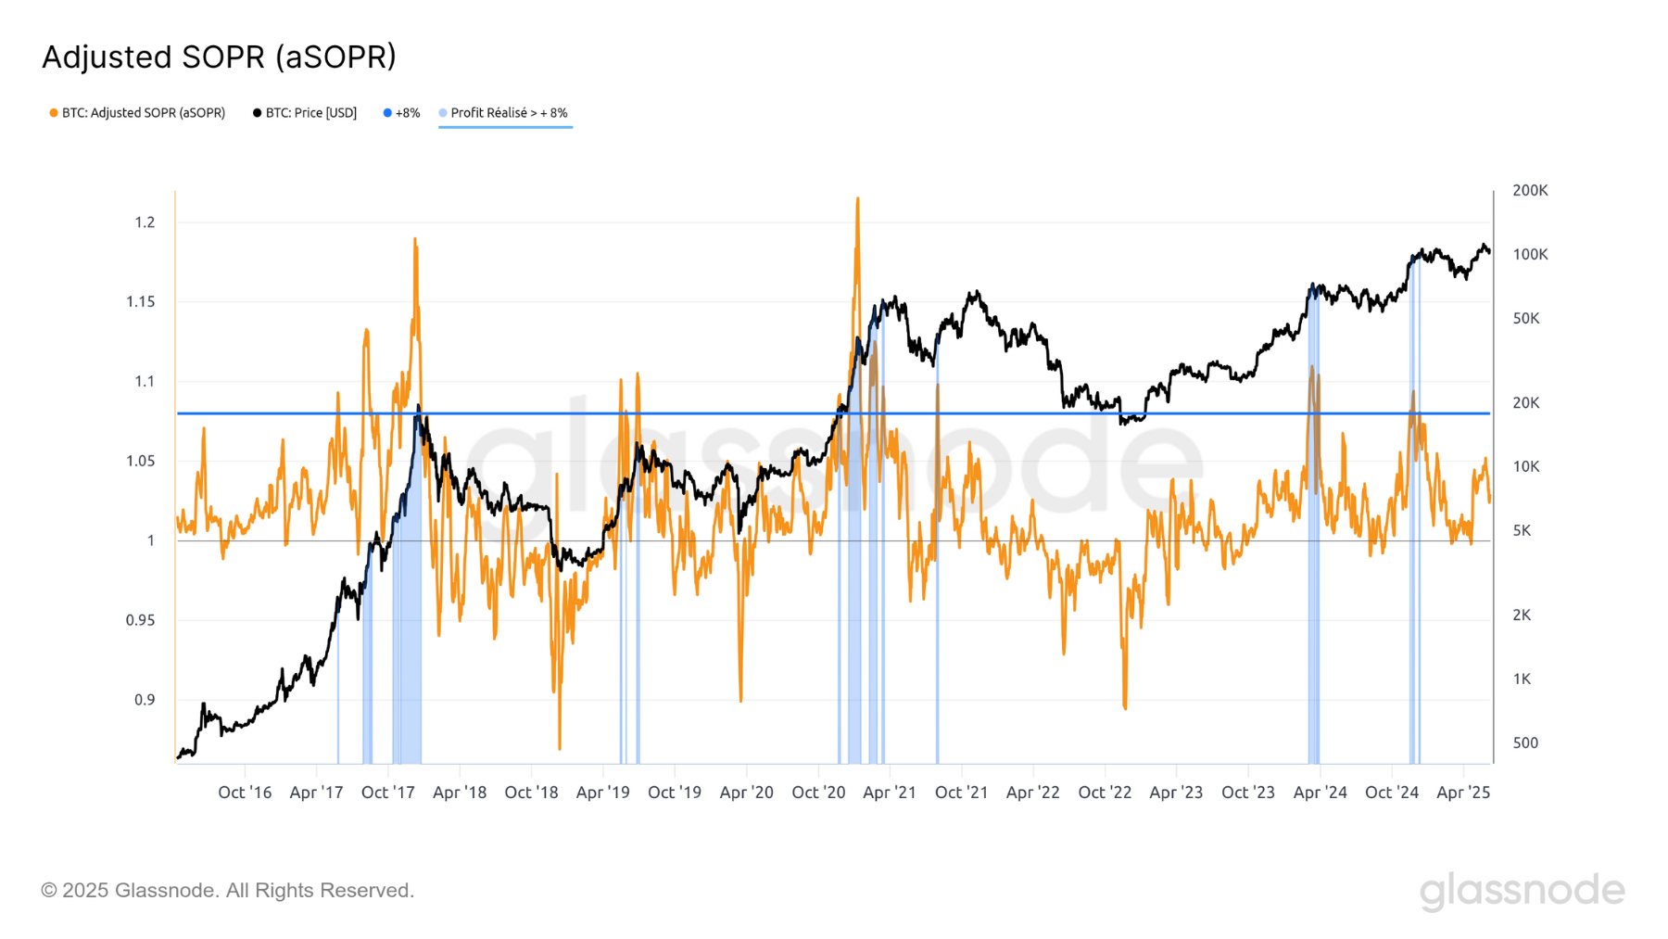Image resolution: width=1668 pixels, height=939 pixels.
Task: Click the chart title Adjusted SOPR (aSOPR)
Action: (x=219, y=57)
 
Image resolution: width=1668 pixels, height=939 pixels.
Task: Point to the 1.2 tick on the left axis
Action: (x=145, y=222)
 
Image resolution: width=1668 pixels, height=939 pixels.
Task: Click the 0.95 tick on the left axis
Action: (x=140, y=620)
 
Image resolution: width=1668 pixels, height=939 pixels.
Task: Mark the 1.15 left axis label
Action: (x=140, y=302)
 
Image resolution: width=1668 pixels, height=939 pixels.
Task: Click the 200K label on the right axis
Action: (x=1530, y=191)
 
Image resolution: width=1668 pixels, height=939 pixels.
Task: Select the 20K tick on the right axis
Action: (x=1526, y=403)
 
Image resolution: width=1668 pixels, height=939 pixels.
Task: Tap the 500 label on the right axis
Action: (x=1525, y=743)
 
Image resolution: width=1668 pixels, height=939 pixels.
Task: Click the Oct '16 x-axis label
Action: (x=245, y=793)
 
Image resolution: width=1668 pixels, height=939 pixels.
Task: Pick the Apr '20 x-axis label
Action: (x=746, y=793)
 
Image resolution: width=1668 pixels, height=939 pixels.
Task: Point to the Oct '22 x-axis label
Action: (x=1105, y=793)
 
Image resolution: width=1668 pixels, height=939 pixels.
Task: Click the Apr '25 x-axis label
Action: (x=1462, y=793)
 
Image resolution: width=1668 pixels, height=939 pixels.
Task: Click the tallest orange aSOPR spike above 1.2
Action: (x=857, y=199)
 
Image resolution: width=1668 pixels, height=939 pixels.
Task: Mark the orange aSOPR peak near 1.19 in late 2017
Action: (x=415, y=240)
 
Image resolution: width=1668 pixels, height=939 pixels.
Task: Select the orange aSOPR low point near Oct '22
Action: (x=1125, y=707)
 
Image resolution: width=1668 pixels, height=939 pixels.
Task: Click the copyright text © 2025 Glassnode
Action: (x=227, y=891)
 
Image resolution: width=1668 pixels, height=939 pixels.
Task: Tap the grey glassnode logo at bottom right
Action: (x=1522, y=891)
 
